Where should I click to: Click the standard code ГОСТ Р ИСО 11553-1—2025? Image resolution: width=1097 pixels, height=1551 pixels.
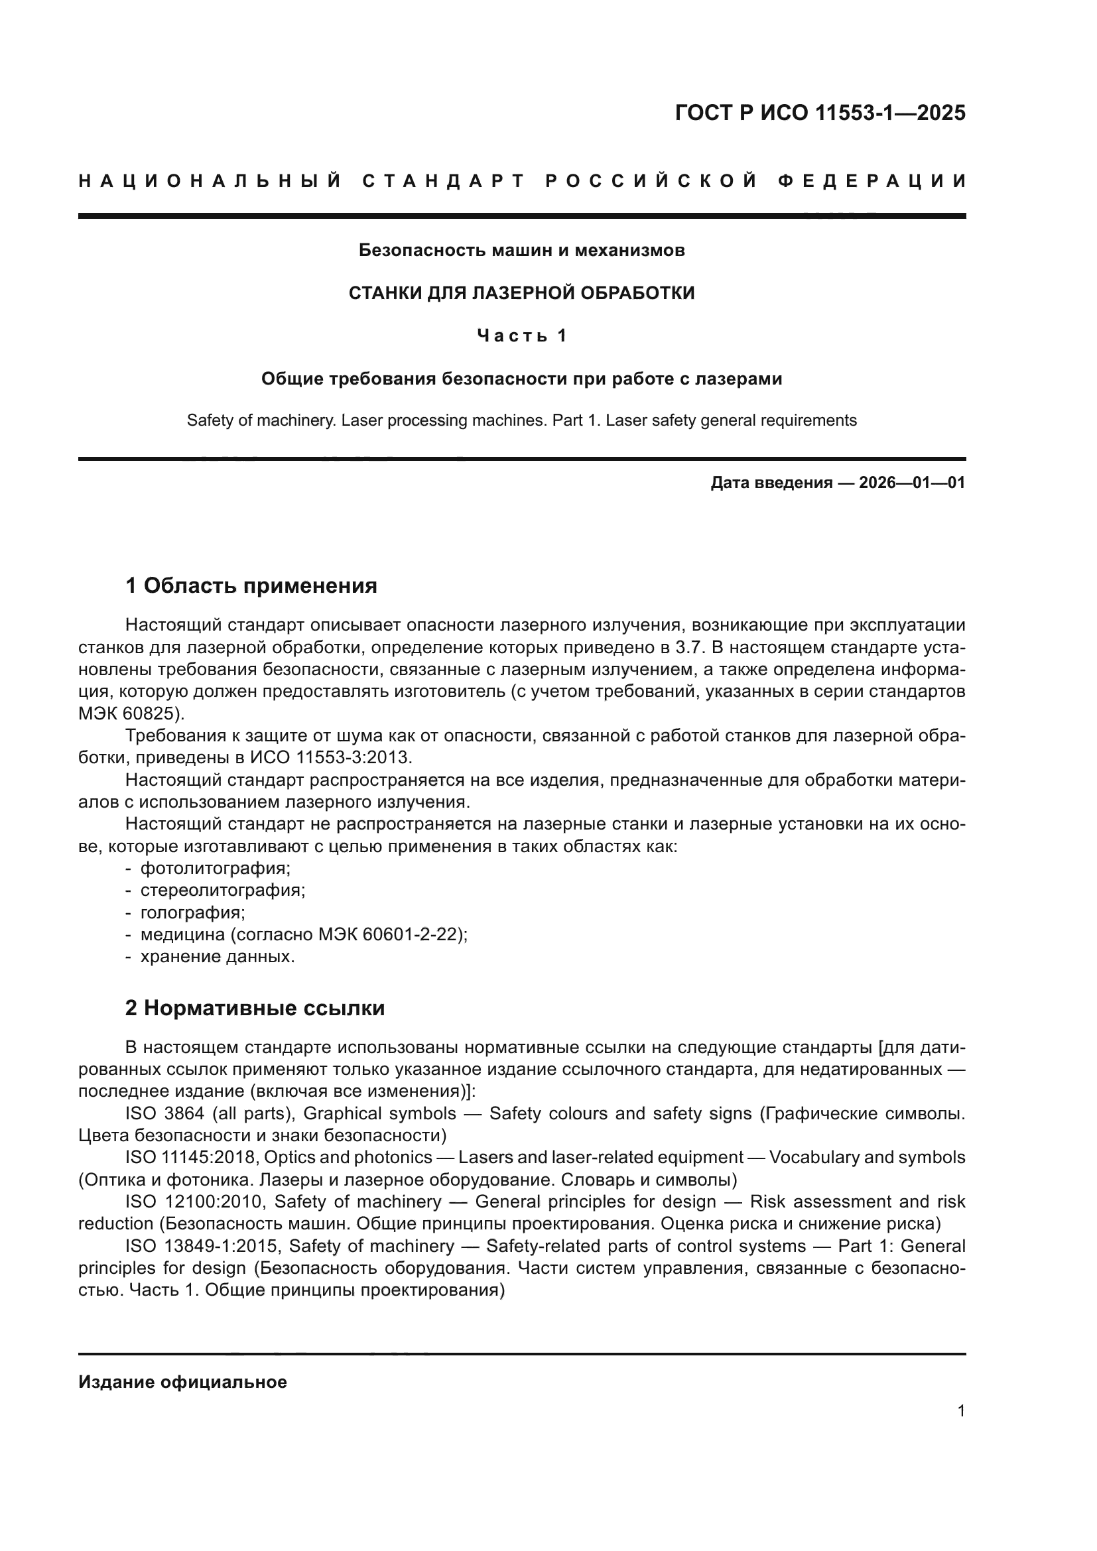point(819,113)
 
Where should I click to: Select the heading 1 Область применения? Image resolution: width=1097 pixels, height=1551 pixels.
point(251,586)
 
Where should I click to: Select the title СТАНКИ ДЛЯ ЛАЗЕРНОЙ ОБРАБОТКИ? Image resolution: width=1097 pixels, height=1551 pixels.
point(521,292)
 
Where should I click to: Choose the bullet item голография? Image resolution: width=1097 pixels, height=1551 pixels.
point(192,912)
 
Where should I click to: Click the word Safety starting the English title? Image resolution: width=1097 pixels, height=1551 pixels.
point(206,420)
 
